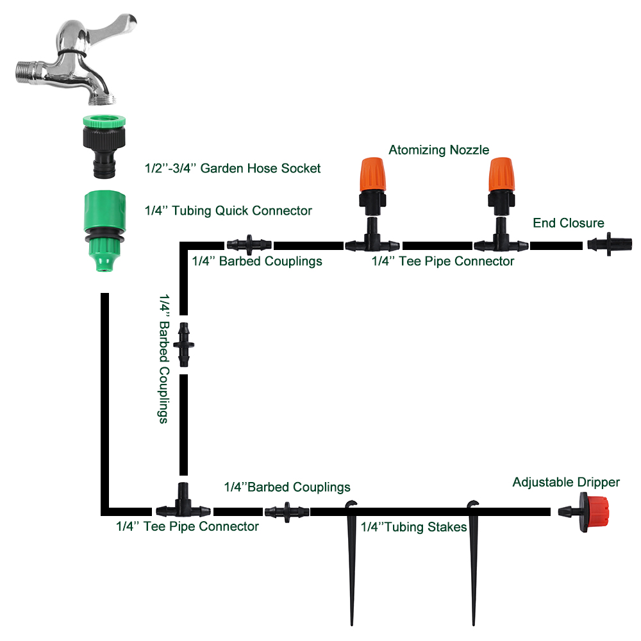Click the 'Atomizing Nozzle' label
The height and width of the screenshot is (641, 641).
point(438,150)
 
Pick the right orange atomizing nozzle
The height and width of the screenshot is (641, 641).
point(501,176)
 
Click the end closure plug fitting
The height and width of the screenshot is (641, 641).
point(610,245)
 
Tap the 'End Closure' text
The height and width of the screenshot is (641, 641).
point(568,223)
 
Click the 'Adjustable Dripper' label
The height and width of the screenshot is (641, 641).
point(566,482)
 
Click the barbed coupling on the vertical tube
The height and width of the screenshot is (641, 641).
point(185,345)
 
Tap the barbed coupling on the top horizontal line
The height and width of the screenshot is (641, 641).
point(249,245)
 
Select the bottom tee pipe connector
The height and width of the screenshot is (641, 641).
point(183,506)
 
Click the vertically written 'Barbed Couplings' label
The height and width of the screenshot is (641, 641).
point(163,359)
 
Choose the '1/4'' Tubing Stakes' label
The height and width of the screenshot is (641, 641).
point(413,528)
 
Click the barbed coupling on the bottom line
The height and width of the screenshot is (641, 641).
point(286,512)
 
